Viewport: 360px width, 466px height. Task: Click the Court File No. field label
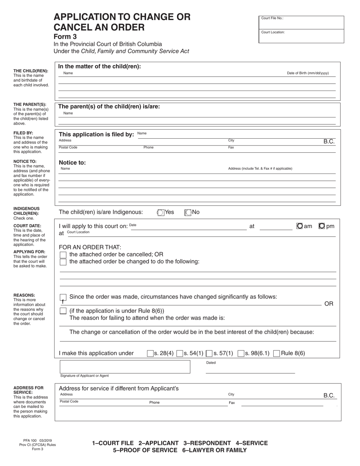[x=272, y=18]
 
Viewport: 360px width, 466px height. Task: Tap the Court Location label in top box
[x=273, y=32]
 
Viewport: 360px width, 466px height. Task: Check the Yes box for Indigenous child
[x=161, y=213]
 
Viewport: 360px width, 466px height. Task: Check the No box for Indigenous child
[x=188, y=213]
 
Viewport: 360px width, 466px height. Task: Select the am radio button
[x=299, y=226]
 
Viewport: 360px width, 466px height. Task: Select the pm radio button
[x=322, y=226]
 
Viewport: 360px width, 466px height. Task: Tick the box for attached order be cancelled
[x=63, y=255]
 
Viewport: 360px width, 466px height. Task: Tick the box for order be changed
[x=63, y=262]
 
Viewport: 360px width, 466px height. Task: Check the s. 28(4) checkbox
[x=150, y=353]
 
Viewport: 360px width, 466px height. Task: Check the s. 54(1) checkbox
[x=180, y=353]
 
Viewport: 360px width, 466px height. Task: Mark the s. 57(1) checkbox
[x=209, y=353]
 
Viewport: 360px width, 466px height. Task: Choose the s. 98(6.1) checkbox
[x=241, y=353]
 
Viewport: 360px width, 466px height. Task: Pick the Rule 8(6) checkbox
[x=277, y=353]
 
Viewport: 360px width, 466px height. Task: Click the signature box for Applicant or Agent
[x=125, y=367]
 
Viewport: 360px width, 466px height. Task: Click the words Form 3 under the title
[x=65, y=37]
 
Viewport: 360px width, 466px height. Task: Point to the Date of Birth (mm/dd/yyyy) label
[x=308, y=73]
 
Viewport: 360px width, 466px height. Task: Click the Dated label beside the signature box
[x=211, y=363]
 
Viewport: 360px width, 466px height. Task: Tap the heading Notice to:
[x=72, y=163]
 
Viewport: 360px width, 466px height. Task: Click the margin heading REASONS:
[x=24, y=295]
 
